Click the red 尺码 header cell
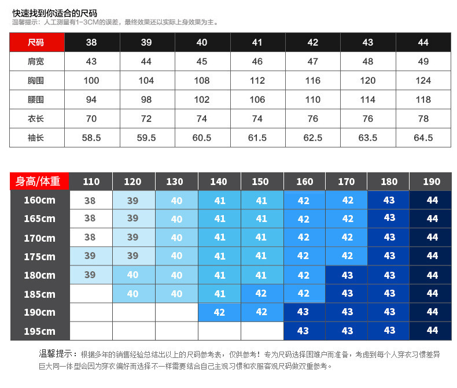pos(36,43)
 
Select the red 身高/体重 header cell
pos(39,182)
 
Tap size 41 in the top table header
pos(257,43)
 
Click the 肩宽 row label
pos(36,62)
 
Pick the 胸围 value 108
pos(202,81)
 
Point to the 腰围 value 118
pos(423,100)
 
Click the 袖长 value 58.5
pos(91,138)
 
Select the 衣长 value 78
pos(423,119)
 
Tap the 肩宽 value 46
pos(257,62)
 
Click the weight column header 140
pos(219,182)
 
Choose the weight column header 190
pos(431,182)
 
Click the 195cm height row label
pos(39,331)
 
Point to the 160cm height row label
pos(39,201)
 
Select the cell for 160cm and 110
pos(90,201)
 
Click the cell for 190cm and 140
pos(219,312)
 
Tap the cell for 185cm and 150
pos(261,294)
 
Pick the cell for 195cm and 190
pos(432,331)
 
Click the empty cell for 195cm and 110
pos(91,331)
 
